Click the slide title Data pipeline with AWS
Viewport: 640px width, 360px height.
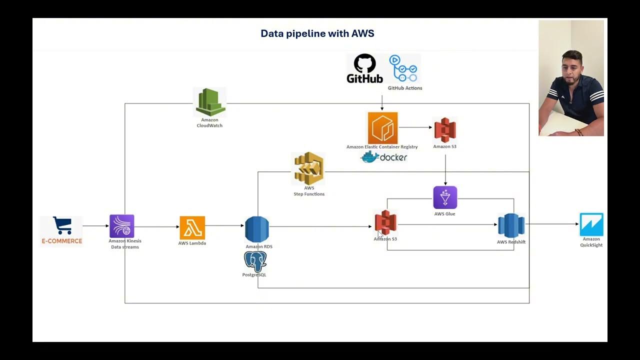[317, 33]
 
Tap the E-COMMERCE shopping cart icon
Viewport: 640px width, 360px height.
[62, 226]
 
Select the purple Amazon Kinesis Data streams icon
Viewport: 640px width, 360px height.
[122, 226]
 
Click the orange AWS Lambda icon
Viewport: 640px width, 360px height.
[192, 228]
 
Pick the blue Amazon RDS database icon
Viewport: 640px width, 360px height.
[257, 229]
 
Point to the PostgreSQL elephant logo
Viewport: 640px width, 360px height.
[255, 261]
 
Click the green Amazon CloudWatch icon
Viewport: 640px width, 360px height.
[210, 102]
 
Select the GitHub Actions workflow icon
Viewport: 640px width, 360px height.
[404, 69]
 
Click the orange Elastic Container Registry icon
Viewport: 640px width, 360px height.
[382, 128]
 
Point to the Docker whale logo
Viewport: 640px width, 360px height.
[370, 157]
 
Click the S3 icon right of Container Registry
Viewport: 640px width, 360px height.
[444, 130]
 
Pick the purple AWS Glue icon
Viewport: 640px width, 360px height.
[445, 197]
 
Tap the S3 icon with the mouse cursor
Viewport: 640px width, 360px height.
[385, 223]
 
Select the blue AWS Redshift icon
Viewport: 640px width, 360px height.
[511, 225]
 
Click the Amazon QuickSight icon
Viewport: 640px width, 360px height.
[591, 224]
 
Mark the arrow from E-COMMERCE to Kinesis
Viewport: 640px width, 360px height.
[95, 226]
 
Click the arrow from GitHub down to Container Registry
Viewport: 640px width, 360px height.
[382, 103]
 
